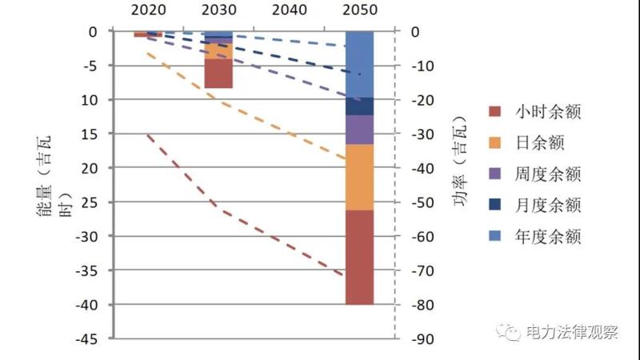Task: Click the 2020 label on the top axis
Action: (148, 10)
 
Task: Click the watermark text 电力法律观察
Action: (571, 332)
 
